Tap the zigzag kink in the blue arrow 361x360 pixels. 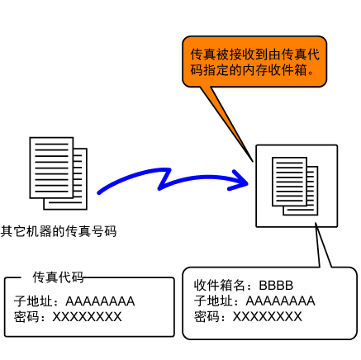tap(165, 179)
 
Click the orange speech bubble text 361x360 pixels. tap(254, 62)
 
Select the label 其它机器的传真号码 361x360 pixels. tap(59, 231)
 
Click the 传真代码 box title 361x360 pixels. tap(58, 277)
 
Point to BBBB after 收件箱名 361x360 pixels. tap(276, 286)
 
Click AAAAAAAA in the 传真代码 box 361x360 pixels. tap(100, 301)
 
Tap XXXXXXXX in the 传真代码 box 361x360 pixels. tap(87, 317)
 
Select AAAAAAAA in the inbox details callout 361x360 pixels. tap(280, 301)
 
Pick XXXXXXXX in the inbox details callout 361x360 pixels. tap(268, 316)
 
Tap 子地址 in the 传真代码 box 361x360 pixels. tap(33, 301)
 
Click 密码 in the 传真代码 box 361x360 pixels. tap(26, 317)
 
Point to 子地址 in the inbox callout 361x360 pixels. tap(213, 301)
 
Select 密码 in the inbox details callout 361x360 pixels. tap(207, 316)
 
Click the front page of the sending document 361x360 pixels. tap(51, 168)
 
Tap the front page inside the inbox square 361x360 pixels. tap(289, 182)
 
